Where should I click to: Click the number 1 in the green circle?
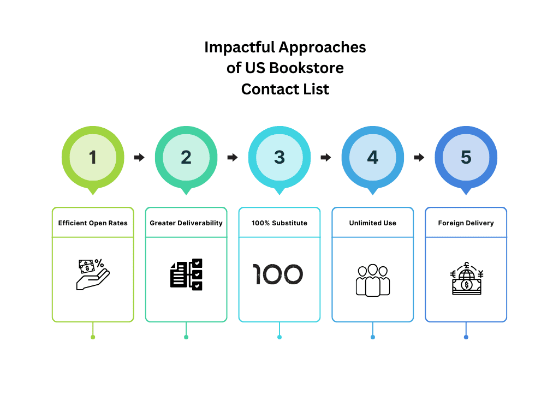pyautogui.click(x=93, y=157)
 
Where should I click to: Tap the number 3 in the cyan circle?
pyautogui.click(x=279, y=157)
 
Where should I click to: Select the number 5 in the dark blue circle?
pyautogui.click(x=466, y=157)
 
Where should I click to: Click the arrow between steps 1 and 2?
pyautogui.click(x=139, y=157)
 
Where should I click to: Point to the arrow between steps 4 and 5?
pyautogui.click(x=419, y=157)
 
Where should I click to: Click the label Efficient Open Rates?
pyautogui.click(x=93, y=223)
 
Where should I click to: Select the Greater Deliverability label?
pyautogui.click(x=186, y=223)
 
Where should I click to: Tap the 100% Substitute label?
pyautogui.click(x=279, y=223)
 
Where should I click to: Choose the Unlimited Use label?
pyautogui.click(x=373, y=223)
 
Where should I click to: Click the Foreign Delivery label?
pyautogui.click(x=466, y=223)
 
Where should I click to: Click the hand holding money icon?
pyautogui.click(x=93, y=274)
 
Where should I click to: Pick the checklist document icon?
pyautogui.click(x=186, y=274)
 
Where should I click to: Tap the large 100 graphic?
pyautogui.click(x=278, y=274)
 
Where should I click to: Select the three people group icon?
pyautogui.click(x=373, y=280)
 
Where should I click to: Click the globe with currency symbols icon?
pyautogui.click(x=466, y=279)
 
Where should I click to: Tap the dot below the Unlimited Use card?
pyautogui.click(x=373, y=337)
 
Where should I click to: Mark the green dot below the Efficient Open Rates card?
pyautogui.click(x=93, y=337)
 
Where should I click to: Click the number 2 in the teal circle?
pyautogui.click(x=186, y=157)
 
